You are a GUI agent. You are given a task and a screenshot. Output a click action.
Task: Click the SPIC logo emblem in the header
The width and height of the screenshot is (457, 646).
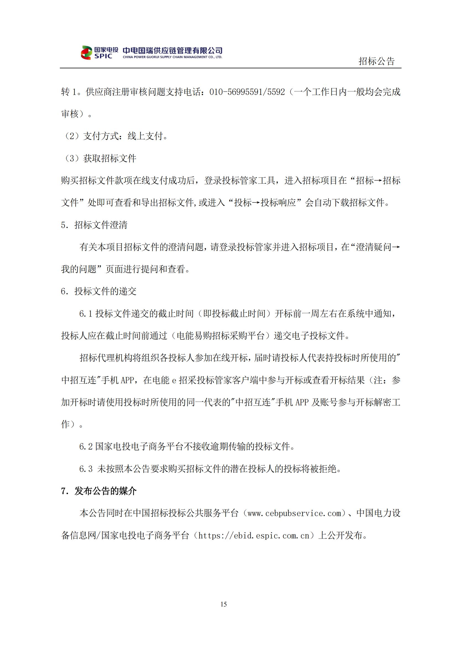(86, 53)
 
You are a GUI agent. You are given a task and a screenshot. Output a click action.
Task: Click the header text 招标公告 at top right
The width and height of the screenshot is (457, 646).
(376, 61)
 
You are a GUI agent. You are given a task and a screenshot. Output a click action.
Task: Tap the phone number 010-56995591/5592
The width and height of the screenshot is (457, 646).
(247, 92)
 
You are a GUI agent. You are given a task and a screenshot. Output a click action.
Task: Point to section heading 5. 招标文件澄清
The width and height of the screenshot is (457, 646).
(94, 225)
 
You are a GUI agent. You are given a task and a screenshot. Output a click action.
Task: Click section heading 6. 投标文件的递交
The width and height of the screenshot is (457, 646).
(98, 291)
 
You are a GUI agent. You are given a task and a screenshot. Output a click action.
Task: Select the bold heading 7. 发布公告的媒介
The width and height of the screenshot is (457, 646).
(98, 491)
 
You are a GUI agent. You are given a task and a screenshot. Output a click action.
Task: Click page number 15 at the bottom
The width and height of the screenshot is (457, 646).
(224, 604)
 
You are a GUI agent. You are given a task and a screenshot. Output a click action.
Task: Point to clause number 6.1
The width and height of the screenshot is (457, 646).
(86, 313)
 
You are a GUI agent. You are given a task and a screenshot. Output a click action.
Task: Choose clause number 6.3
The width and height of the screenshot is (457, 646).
(86, 469)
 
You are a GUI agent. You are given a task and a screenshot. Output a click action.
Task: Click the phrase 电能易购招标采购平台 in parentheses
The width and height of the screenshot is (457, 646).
(220, 336)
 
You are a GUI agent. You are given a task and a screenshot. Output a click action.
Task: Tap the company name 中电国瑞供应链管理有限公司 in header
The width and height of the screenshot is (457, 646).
(172, 50)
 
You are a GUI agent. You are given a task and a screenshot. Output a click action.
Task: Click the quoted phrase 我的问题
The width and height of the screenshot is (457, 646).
(79, 269)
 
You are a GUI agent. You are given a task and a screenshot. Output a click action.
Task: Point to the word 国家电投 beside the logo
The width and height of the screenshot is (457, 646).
(106, 49)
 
